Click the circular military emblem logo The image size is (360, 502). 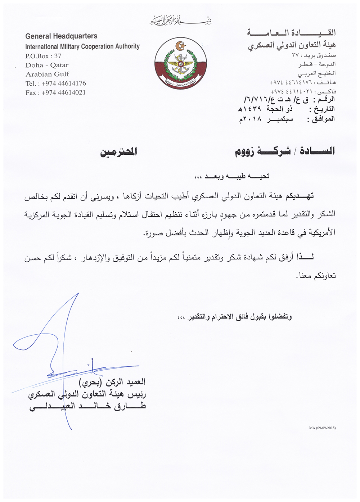[180, 63]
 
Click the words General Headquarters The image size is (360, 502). [61, 36]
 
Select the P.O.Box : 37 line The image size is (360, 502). [43, 56]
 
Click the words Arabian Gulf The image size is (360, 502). [48, 74]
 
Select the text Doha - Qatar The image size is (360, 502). [47, 65]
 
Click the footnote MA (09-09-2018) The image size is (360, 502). [322, 428]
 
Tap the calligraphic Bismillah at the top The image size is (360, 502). [181, 21]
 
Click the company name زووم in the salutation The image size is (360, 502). [244, 152]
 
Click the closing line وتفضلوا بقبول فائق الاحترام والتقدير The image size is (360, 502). [234, 317]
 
